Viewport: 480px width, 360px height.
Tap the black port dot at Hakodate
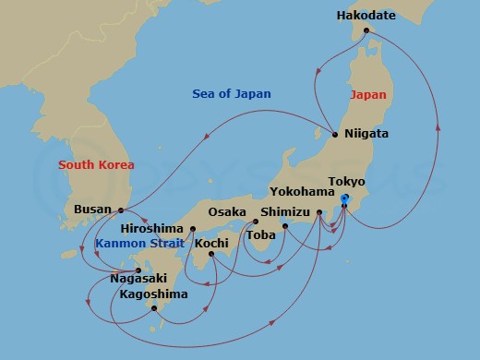click(x=366, y=30)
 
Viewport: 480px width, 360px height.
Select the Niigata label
click(x=366, y=134)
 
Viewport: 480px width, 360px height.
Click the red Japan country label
click(x=368, y=94)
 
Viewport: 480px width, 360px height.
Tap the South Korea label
click(x=96, y=165)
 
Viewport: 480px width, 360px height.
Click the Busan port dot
click(x=122, y=210)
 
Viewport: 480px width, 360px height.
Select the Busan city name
click(x=93, y=210)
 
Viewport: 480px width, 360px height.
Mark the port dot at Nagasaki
click(x=139, y=270)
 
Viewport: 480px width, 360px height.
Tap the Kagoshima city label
click(x=153, y=294)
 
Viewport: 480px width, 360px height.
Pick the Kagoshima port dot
click(x=154, y=308)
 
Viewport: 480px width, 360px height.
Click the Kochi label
click(x=211, y=243)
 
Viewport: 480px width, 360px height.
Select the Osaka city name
click(x=227, y=212)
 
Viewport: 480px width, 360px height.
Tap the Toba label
click(x=259, y=235)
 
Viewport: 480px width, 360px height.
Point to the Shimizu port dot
click(x=285, y=226)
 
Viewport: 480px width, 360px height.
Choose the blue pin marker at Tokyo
click(x=344, y=199)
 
